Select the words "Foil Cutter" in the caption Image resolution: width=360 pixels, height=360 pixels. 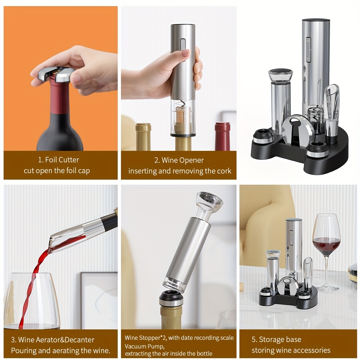click(x=62, y=159)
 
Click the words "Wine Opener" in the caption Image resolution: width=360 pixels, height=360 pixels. click(x=183, y=160)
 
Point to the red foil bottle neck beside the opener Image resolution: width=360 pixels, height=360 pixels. click(x=222, y=136)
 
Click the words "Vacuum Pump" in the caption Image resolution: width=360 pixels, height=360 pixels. click(x=144, y=346)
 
